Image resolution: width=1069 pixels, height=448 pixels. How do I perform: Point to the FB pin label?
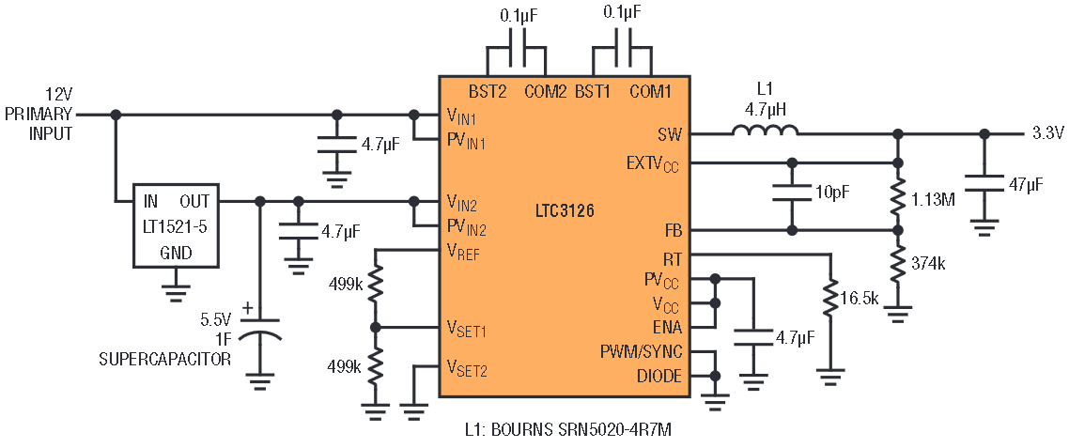click(x=674, y=230)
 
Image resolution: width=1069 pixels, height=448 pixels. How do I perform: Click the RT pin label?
click(x=674, y=257)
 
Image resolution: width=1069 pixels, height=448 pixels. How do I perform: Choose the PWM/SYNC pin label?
click(x=641, y=352)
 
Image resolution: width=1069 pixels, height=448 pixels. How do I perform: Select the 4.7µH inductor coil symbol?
click(x=765, y=131)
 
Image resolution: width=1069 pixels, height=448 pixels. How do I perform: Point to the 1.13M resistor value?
click(x=934, y=199)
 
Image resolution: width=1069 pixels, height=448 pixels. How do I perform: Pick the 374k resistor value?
click(x=927, y=265)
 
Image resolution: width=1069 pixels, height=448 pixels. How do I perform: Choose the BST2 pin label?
click(x=488, y=91)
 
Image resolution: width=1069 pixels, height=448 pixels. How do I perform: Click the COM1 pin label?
click(x=650, y=91)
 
